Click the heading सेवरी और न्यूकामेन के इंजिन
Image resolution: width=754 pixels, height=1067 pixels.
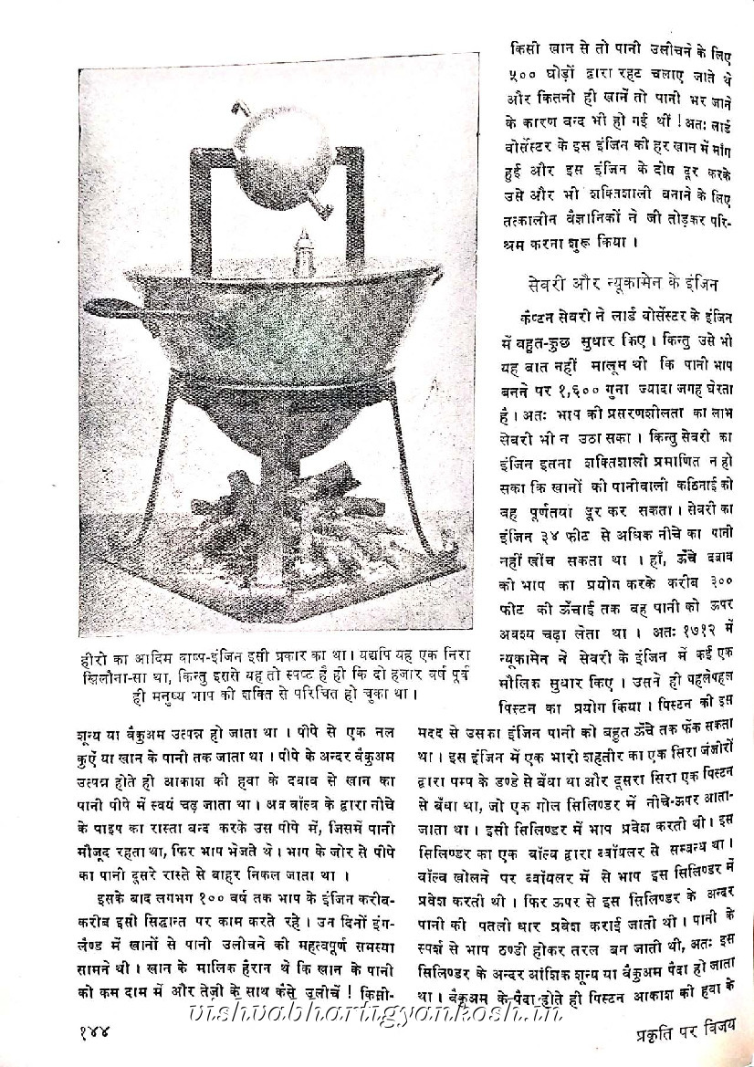point(629,282)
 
